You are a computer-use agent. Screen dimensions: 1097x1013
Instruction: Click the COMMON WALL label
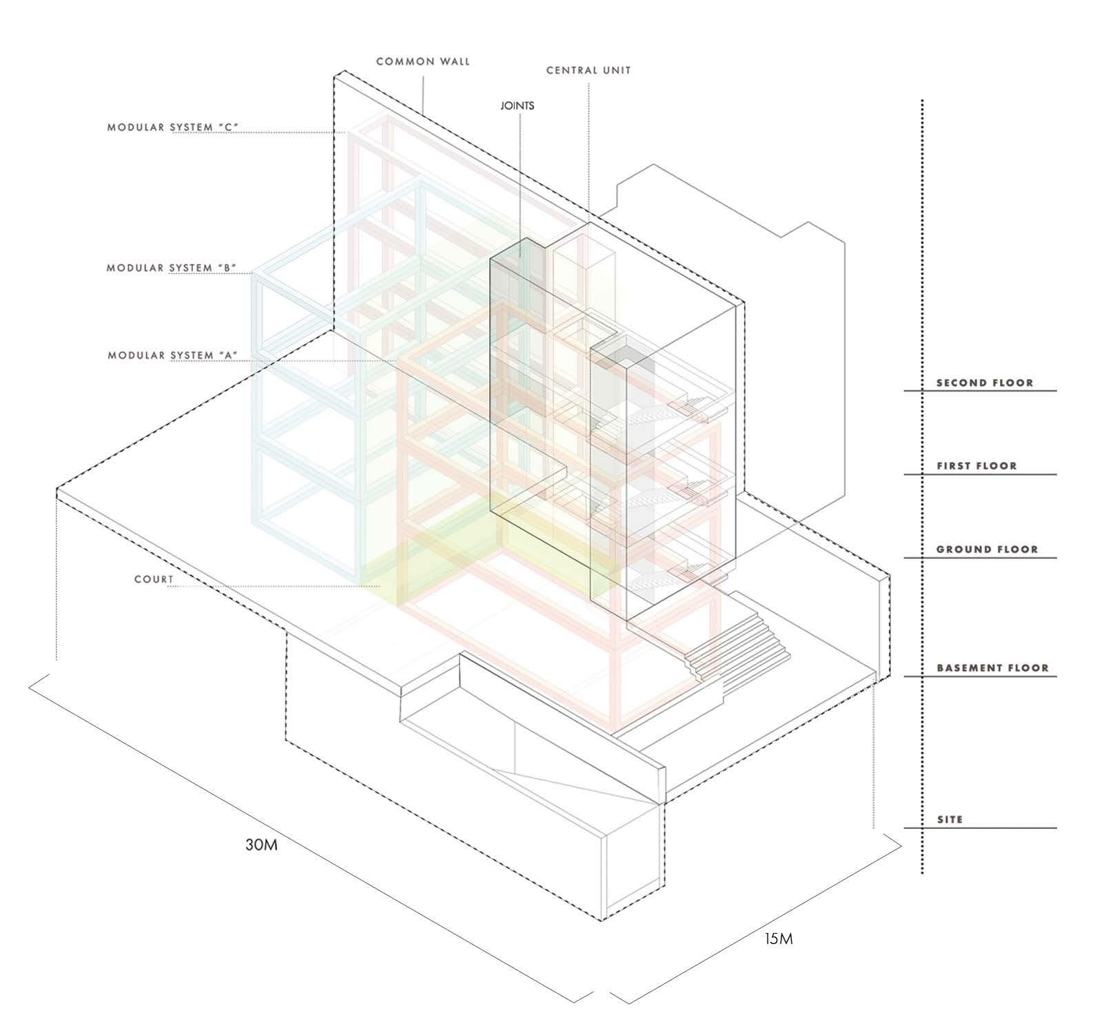tap(423, 61)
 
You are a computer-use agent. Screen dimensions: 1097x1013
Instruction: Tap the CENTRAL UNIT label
tap(588, 70)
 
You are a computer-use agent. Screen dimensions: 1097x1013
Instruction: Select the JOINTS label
tap(517, 106)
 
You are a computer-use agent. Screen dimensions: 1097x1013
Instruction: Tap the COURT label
tap(154, 579)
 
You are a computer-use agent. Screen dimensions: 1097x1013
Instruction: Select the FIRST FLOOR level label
tap(976, 466)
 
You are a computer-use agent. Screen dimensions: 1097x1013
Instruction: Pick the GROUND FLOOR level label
tap(987, 550)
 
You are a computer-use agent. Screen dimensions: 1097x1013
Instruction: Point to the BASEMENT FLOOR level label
tap(992, 668)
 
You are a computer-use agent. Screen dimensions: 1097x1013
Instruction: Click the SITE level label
tap(950, 820)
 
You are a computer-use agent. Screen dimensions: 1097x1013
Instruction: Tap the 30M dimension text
tap(262, 845)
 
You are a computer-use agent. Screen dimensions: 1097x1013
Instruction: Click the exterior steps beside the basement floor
tap(744, 641)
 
